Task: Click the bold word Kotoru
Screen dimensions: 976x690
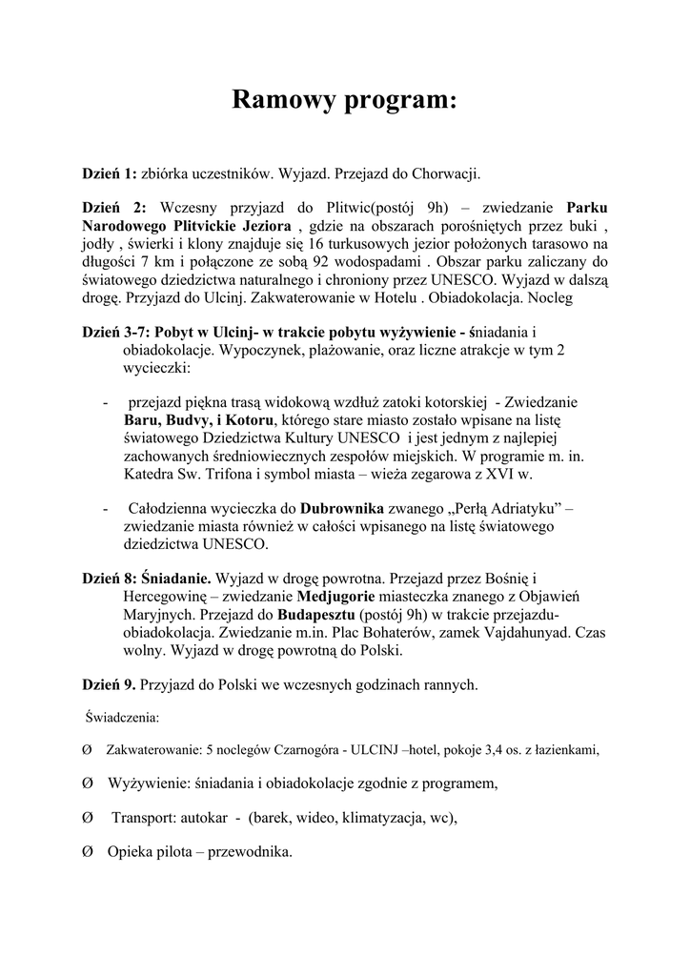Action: (251, 419)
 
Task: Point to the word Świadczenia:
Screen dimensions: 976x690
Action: (123, 716)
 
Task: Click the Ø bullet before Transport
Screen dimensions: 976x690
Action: (88, 818)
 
